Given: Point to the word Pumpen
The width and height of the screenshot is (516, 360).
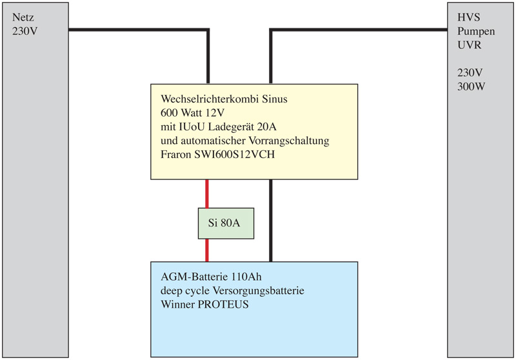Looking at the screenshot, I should point(473,32).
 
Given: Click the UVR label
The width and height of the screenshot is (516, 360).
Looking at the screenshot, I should point(467,45).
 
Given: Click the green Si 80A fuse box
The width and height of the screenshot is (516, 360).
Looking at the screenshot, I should point(223,225).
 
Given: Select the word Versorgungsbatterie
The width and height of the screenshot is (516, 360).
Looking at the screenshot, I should point(262,290).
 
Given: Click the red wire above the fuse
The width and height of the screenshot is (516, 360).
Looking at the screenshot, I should point(206,194).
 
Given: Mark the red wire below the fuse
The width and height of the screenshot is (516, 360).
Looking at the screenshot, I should point(206,250).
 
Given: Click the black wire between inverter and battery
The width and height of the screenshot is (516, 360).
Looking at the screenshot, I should point(271,219).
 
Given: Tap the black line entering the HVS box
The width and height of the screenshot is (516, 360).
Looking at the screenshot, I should point(387,30).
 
